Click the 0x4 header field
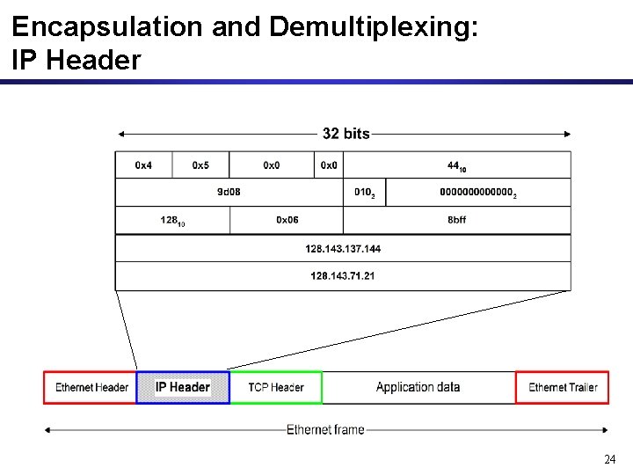click(143, 165)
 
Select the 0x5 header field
click(200, 165)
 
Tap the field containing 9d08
click(229, 193)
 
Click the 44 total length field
click(456, 165)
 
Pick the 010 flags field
click(364, 193)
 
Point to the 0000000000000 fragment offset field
click(477, 193)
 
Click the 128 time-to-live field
click(172, 221)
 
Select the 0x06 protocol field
click(287, 220)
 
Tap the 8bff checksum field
click(456, 220)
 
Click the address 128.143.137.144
click(343, 248)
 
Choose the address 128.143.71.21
click(343, 276)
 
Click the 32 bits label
click(346, 134)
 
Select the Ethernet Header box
click(91, 387)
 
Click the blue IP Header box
click(183, 387)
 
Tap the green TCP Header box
click(275, 387)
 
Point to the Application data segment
click(418, 387)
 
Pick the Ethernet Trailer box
click(562, 387)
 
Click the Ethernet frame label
click(324, 430)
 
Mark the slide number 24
click(609, 459)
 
